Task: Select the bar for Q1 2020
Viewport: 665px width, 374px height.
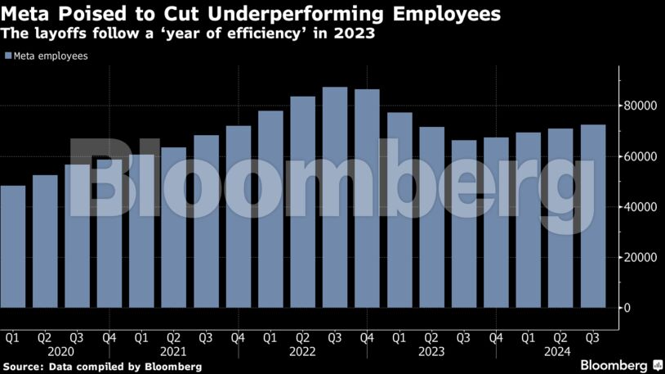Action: tap(13, 246)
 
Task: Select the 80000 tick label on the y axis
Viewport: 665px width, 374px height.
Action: tap(642, 106)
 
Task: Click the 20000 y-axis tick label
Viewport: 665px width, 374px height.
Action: tap(642, 257)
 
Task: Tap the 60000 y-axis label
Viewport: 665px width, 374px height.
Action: tap(642, 156)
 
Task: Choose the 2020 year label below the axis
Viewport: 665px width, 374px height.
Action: tap(60, 351)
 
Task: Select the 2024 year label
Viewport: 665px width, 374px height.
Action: tap(560, 351)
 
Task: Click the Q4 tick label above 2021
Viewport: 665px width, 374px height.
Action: tap(238, 336)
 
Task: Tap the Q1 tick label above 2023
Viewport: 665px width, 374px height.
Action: tap(399, 336)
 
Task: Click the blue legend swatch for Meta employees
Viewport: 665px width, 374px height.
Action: tap(8, 56)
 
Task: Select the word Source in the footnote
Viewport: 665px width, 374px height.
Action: tap(23, 366)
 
